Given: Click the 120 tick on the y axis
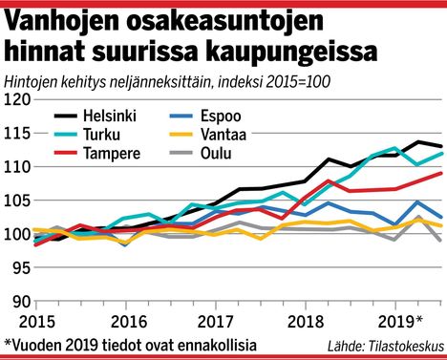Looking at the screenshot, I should pyautogui.click(x=16, y=99).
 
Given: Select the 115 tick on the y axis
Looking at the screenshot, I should pyautogui.click(x=16, y=133).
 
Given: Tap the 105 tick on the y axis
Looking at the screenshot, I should pyautogui.click(x=16, y=201).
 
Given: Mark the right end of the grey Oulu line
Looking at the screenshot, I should pyautogui.click(x=441, y=242).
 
